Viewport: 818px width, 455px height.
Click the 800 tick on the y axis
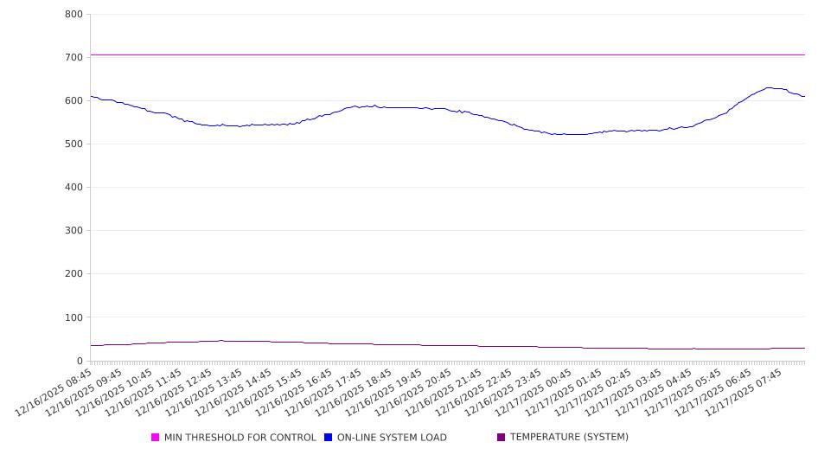[x=73, y=15]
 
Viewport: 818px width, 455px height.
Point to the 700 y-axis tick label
[x=73, y=58]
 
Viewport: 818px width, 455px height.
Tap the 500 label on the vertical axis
[x=73, y=144]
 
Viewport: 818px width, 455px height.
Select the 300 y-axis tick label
[x=73, y=231]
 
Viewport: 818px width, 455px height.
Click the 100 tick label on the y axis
[x=73, y=317]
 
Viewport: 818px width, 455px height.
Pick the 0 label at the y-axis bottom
[x=79, y=361]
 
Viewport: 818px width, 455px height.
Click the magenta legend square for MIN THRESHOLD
[x=156, y=438]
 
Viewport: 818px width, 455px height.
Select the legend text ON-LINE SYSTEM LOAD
[x=392, y=438]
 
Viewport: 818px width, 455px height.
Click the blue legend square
[x=329, y=438]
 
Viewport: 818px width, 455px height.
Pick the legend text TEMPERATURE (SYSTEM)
[x=569, y=438]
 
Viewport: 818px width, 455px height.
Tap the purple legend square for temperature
[x=501, y=438]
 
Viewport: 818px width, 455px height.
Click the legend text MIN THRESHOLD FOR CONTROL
[x=240, y=438]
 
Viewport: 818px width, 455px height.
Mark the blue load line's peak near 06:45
[x=768, y=87]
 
